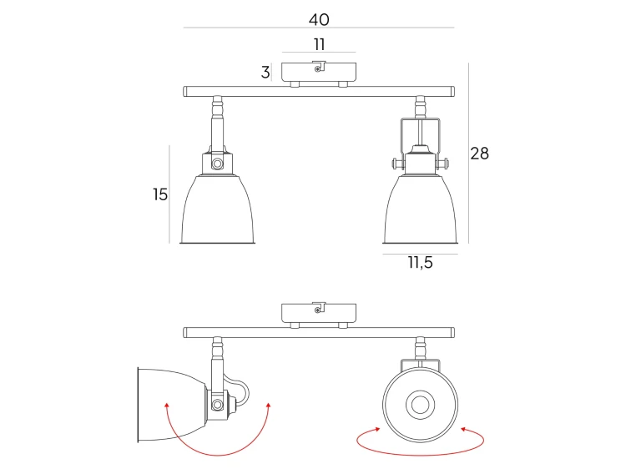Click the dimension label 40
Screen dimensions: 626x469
point(319,19)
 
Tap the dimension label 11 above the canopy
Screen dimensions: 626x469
point(319,44)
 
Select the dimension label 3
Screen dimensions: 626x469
point(265,73)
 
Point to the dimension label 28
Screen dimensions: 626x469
point(479,154)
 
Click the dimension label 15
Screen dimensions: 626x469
point(160,194)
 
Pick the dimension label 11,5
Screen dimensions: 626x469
point(421,263)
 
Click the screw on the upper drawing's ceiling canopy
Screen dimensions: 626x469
point(317,69)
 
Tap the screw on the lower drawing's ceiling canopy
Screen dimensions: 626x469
point(317,310)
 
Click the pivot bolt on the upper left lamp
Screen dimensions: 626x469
point(217,164)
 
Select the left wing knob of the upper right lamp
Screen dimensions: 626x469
point(397,164)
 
